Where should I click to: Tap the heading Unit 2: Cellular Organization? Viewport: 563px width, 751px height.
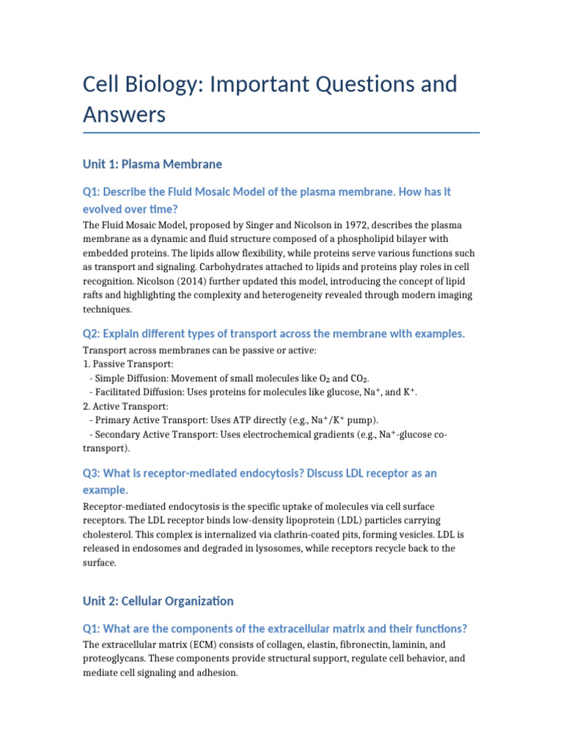point(158,601)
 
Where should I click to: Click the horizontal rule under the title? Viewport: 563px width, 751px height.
point(281,133)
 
